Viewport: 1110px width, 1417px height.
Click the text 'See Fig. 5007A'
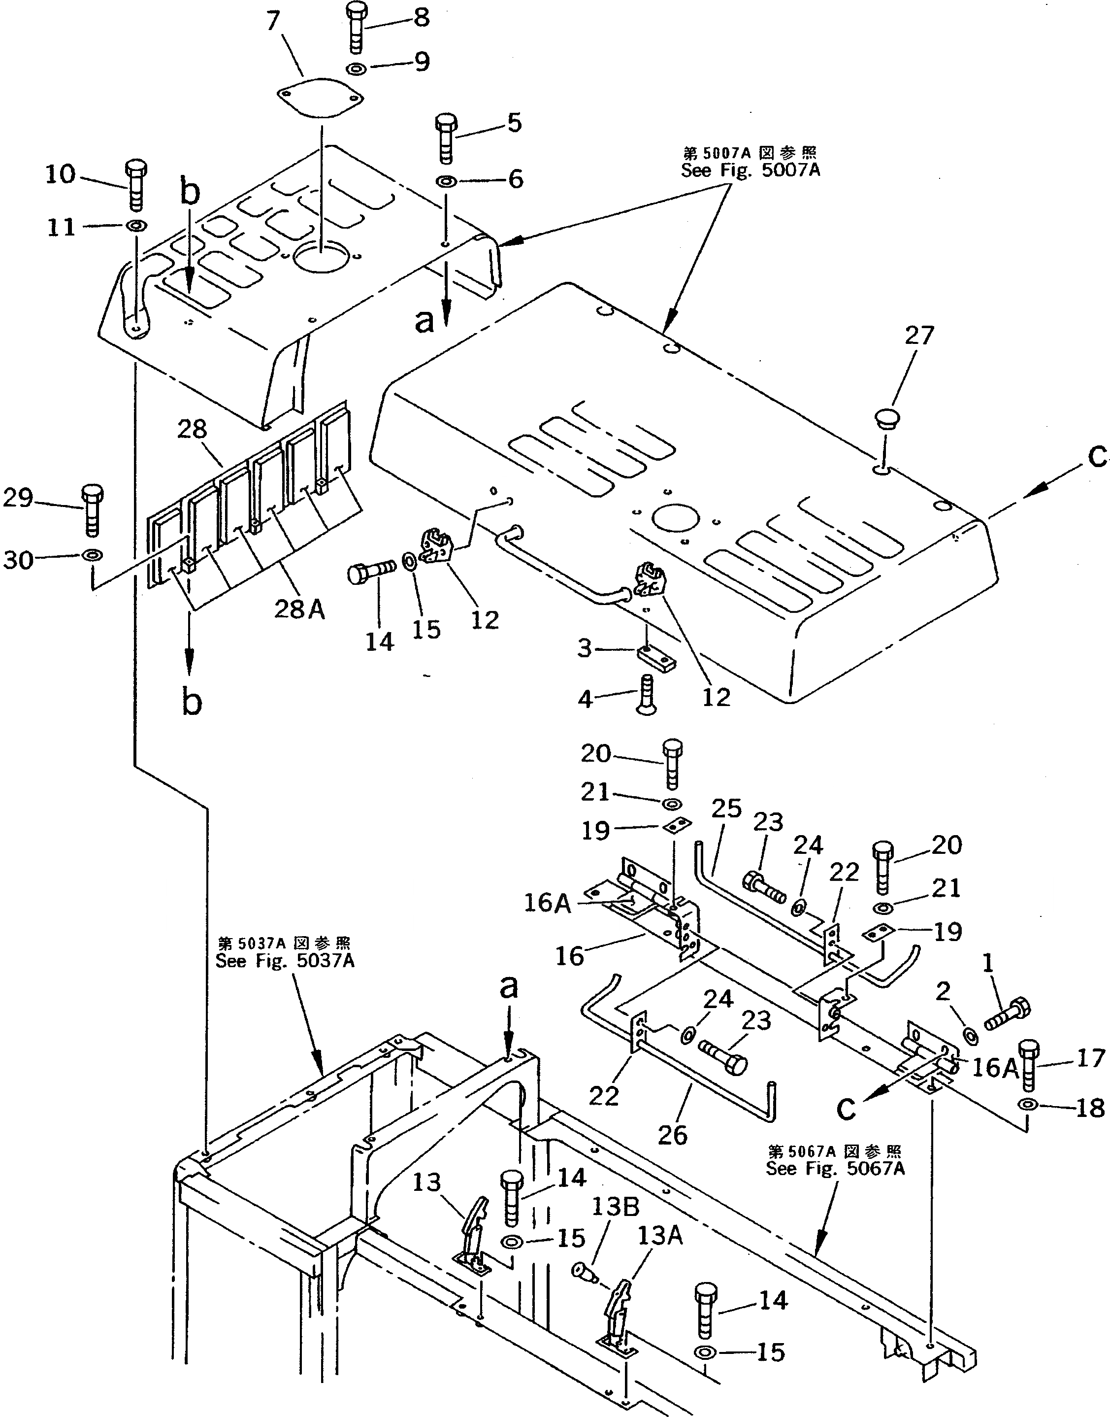click(x=750, y=171)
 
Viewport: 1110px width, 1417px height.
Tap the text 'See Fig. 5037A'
click(x=285, y=960)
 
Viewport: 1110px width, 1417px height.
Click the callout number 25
click(x=726, y=809)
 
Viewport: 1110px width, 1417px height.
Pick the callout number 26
click(x=672, y=1135)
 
